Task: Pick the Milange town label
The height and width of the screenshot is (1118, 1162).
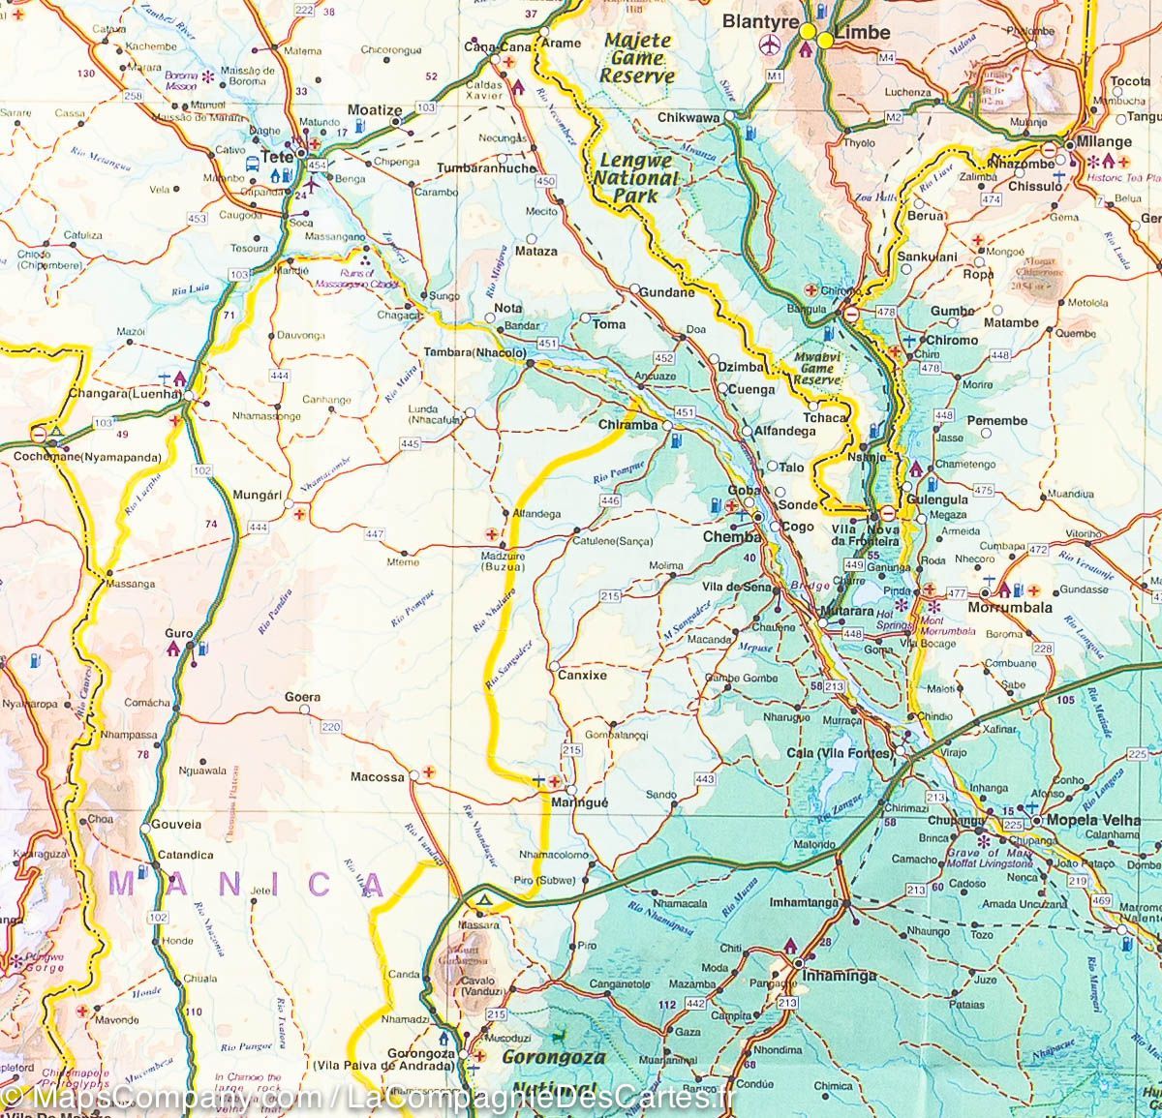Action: point(1106,141)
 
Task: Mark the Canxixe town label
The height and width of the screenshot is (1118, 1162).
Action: point(582,675)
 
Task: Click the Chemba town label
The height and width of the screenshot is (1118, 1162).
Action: point(728,536)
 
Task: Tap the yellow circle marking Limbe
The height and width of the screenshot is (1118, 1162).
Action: point(825,41)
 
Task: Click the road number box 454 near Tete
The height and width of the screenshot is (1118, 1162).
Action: point(318,166)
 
